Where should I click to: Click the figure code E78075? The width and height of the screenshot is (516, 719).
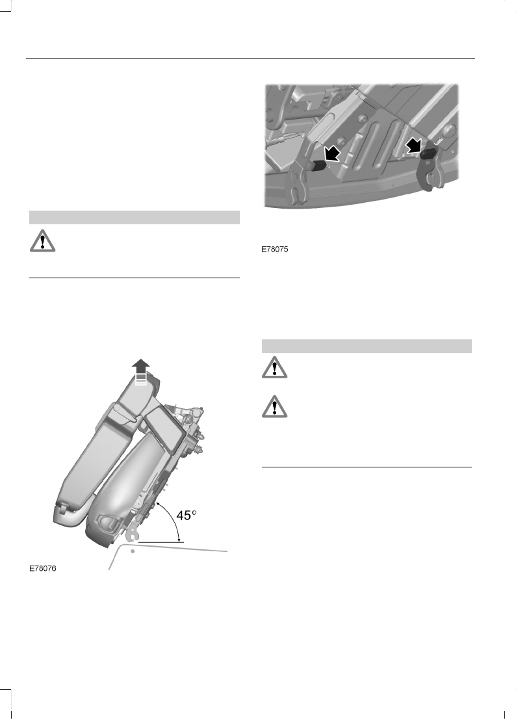(275, 249)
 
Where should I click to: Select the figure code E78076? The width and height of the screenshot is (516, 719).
(43, 568)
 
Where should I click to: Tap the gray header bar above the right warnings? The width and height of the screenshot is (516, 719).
(367, 346)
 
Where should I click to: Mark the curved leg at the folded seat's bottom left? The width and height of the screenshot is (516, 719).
(65, 517)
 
